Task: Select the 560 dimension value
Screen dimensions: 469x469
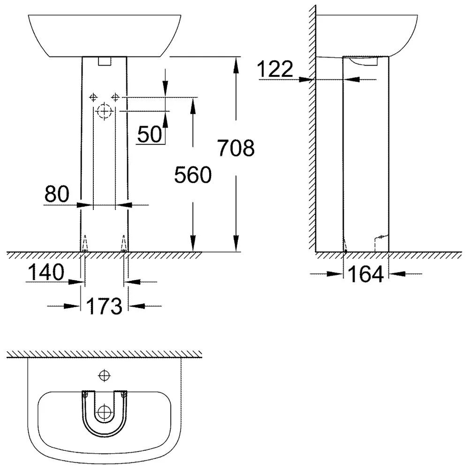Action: pos(192,175)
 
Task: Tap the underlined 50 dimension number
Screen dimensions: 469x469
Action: pos(149,134)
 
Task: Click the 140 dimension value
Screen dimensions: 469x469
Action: pos(45,272)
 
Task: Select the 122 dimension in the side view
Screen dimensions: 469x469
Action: pos(276,70)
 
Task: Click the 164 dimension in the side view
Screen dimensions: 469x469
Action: pos(365,274)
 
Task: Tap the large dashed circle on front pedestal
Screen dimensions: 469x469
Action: pos(104,112)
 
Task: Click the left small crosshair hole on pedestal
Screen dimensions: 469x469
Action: pos(93,97)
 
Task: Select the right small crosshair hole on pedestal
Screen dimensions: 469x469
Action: pos(115,97)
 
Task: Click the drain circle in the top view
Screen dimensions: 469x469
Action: pos(104,413)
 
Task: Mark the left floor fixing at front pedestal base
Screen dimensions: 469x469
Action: pos(85,244)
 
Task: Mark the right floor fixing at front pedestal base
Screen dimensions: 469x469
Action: pos(123,244)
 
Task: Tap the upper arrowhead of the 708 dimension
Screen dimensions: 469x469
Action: pos(236,63)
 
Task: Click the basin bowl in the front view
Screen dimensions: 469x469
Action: pos(104,35)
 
